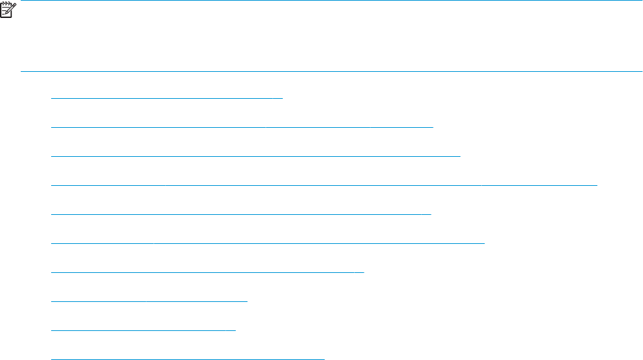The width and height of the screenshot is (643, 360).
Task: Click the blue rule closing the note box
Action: coord(332,71)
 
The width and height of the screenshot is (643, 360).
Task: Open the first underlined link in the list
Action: coord(167,98)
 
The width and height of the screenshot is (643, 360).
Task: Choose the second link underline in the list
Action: coord(242,127)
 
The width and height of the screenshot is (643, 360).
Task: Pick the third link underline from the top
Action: coord(256,156)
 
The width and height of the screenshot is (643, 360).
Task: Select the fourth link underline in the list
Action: coord(324,185)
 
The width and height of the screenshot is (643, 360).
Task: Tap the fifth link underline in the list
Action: coord(241,214)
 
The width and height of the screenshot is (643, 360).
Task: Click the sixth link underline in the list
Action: coord(268,243)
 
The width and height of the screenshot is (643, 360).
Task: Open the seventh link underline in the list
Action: coord(207,272)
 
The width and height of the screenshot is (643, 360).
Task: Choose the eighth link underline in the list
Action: coord(149,301)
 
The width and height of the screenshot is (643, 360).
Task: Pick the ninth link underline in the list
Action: coord(144,330)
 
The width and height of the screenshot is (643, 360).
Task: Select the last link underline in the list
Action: coord(188,359)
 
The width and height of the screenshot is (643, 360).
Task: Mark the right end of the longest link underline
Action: coord(596,185)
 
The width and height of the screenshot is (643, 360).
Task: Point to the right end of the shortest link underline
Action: coord(235,330)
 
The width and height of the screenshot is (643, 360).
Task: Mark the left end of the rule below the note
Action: coord(22,71)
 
